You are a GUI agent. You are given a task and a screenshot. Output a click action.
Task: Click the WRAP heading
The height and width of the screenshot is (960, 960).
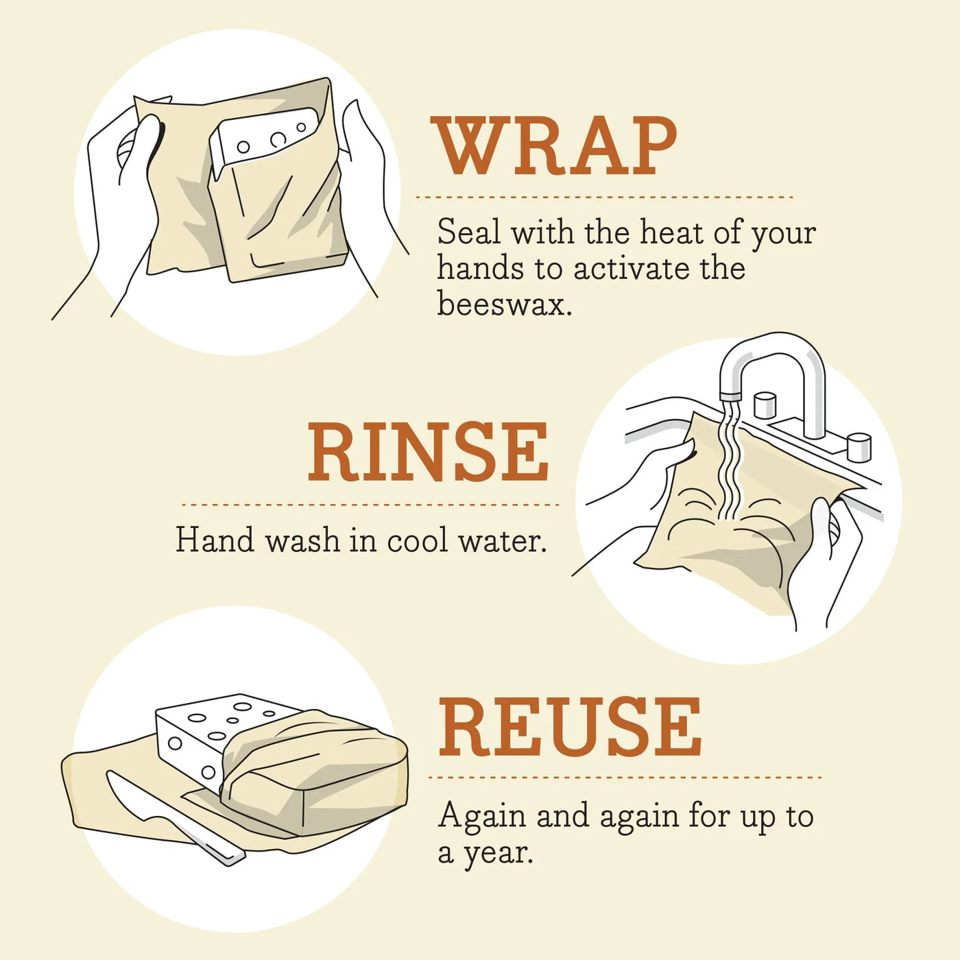point(554,146)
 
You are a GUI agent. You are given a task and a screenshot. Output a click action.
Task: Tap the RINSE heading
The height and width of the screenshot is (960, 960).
point(428,452)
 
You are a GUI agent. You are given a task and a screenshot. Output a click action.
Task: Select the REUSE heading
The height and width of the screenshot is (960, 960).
point(570,727)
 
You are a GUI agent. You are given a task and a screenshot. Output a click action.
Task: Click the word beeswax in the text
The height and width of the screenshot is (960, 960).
point(504,304)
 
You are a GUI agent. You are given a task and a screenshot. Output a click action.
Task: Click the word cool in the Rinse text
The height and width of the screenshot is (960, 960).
point(418,541)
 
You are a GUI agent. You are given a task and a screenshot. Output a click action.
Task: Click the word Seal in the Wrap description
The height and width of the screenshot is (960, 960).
point(469,232)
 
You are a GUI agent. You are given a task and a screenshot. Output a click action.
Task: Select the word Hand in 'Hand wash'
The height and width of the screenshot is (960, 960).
point(215,540)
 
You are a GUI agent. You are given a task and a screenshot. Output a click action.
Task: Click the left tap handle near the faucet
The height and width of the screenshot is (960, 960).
point(764,405)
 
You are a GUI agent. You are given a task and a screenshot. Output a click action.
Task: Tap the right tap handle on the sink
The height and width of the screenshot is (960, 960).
point(858,446)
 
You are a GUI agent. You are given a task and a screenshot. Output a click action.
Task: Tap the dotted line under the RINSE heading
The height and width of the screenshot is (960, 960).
point(370,505)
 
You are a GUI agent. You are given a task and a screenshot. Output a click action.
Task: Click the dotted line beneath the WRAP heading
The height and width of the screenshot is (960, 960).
point(603,197)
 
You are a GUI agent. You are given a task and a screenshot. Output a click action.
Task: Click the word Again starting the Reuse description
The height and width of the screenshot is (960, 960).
point(482,816)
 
